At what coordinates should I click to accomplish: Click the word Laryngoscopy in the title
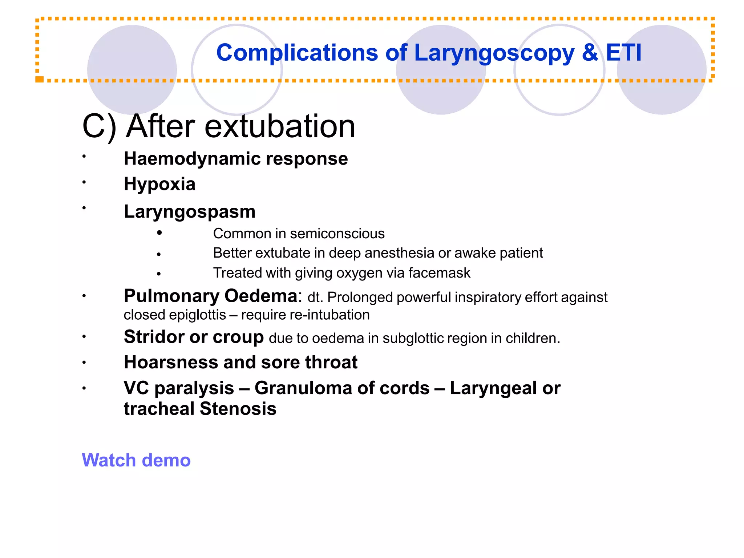click(494, 53)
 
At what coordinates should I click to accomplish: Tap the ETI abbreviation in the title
click(623, 53)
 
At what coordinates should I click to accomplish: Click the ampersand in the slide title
click(590, 53)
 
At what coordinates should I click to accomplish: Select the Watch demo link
click(136, 460)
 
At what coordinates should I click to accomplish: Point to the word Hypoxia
click(159, 184)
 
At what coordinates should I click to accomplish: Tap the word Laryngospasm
click(190, 212)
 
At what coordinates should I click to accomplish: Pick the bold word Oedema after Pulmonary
click(261, 296)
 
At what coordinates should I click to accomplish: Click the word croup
click(238, 337)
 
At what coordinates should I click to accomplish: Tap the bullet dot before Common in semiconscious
click(159, 233)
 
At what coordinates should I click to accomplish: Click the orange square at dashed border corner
click(39, 79)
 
